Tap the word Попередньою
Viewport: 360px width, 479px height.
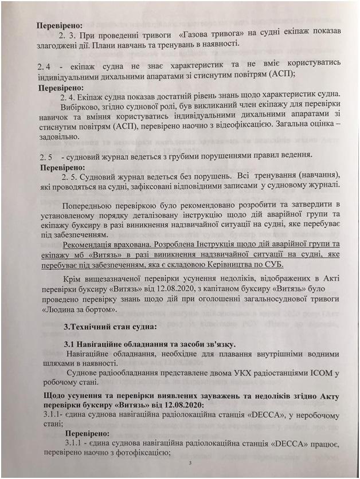(91, 205)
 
